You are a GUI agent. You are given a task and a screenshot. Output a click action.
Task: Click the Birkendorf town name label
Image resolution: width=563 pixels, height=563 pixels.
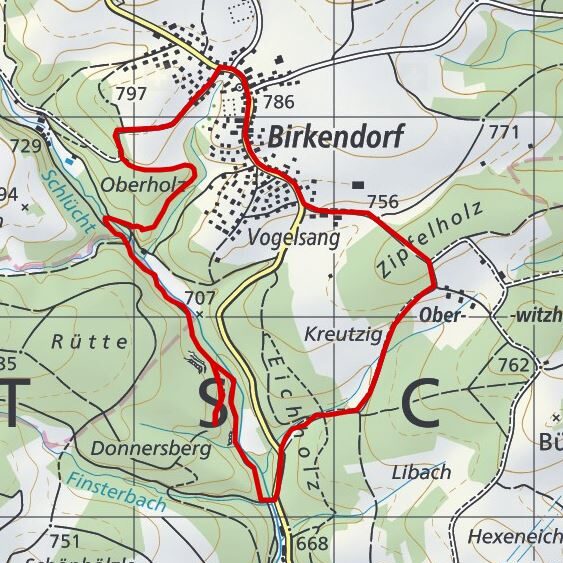[x=335, y=138]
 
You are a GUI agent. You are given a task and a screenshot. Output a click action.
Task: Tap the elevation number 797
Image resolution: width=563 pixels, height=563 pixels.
[x=131, y=95]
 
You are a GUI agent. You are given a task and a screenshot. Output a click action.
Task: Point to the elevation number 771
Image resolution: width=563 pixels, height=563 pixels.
[x=505, y=132]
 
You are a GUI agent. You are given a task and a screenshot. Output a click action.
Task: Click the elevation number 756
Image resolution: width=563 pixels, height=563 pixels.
[x=382, y=202]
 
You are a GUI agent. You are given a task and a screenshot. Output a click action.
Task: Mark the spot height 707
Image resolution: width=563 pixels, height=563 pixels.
[x=200, y=297]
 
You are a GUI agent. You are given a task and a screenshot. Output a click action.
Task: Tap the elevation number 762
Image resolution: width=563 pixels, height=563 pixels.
[x=511, y=366]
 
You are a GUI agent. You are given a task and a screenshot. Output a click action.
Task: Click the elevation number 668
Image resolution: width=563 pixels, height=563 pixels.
[x=312, y=544]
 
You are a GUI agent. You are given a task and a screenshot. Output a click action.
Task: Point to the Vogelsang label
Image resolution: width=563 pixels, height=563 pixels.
[x=293, y=239]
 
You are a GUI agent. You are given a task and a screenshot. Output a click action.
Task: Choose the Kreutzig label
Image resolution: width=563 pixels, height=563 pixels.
[x=343, y=334]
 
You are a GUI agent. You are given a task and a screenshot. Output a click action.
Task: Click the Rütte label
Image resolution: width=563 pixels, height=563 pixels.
[x=89, y=341]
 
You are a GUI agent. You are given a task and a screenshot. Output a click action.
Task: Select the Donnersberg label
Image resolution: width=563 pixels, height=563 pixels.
[x=150, y=449]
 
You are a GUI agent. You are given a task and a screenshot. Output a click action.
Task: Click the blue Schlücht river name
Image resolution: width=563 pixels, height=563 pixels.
[x=68, y=199]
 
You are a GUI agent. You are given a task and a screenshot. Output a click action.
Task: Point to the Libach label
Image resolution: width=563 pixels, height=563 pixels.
[x=421, y=471]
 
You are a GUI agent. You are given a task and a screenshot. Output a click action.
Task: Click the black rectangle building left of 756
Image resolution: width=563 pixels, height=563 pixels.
[x=358, y=184]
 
